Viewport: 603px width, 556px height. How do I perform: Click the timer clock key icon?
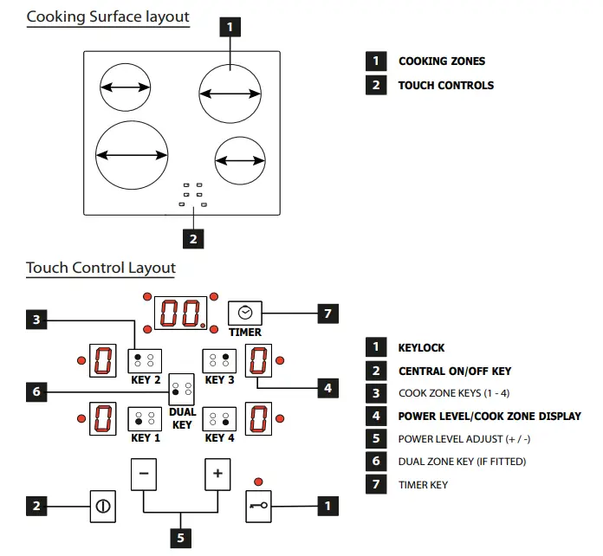[244, 314]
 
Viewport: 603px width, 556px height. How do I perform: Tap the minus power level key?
[145, 474]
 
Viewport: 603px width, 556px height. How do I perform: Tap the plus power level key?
[217, 474]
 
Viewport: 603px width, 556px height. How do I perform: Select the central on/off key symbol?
[102, 506]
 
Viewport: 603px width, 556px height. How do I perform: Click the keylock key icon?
[257, 506]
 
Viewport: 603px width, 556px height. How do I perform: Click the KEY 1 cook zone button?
[145, 419]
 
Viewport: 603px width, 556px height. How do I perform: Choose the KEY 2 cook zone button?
[145, 360]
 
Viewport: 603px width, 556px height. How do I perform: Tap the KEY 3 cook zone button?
[218, 360]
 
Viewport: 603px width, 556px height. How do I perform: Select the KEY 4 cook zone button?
[218, 419]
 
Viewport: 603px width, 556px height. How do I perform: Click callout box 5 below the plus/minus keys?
[181, 537]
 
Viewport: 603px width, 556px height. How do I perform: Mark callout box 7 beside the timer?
[327, 313]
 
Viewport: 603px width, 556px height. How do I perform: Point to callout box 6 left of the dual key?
[36, 392]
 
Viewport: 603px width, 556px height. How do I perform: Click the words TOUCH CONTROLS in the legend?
[445, 86]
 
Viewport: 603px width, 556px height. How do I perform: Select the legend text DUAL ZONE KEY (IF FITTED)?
[461, 462]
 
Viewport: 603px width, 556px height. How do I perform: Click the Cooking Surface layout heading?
[108, 17]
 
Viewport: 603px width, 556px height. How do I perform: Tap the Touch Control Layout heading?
[100, 268]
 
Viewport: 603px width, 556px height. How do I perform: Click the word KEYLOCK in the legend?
[421, 348]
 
